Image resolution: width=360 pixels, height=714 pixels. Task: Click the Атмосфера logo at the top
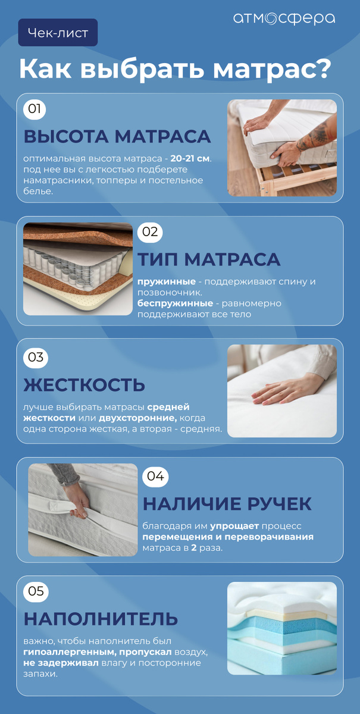point(284,19)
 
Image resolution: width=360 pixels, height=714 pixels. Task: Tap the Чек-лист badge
point(58,33)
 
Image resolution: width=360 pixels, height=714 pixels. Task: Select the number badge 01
point(35,109)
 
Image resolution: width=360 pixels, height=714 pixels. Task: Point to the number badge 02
point(150,231)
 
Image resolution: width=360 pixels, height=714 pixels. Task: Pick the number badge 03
point(36,357)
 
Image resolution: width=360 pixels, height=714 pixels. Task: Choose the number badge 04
point(155,476)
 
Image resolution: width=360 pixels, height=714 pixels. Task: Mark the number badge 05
point(36,591)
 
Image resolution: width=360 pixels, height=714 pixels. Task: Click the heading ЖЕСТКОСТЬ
point(84,384)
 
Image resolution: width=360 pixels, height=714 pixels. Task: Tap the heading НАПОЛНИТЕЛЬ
point(101,618)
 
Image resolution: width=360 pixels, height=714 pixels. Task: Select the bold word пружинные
point(167,281)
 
